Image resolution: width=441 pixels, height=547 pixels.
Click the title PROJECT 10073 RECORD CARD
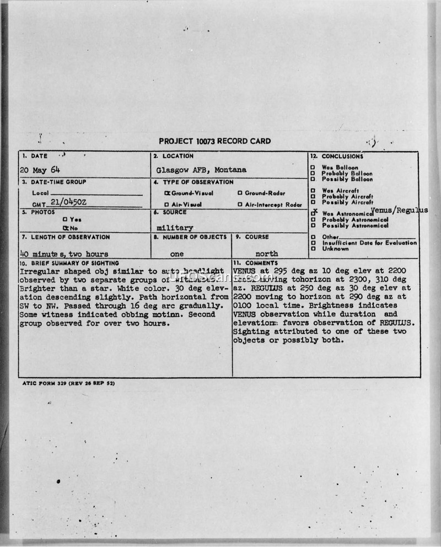coord(214,141)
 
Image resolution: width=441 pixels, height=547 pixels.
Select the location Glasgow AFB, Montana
coord(201,170)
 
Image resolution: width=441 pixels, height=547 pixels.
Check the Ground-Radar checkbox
coord(240,194)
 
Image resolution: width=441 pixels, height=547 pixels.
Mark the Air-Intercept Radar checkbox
coord(240,205)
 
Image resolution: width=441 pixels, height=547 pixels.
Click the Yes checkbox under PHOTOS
coord(64,219)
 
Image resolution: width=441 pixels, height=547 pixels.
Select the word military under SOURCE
coord(175,227)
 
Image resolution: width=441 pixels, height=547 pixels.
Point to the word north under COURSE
coord(267,254)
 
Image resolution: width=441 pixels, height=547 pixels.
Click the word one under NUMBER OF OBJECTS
coord(176,254)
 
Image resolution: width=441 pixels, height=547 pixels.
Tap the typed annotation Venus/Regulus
coord(400,211)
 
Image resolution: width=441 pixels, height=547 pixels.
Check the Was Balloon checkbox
coord(313,168)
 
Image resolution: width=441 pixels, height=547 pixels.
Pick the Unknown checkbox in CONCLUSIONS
coord(313,249)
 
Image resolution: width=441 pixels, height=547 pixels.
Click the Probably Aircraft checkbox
coord(313,196)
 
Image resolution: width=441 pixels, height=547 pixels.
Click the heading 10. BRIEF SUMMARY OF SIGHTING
coord(62,263)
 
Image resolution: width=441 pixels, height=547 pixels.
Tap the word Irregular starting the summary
coord(36,271)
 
